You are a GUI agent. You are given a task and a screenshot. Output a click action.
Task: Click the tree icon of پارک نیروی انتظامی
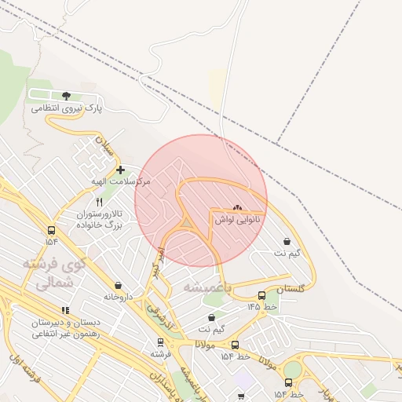pyautogui.click(x=65, y=96)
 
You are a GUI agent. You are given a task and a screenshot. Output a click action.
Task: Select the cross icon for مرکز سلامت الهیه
pyautogui.click(x=120, y=170)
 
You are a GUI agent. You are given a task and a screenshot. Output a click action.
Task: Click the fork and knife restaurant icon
pyautogui.click(x=99, y=202)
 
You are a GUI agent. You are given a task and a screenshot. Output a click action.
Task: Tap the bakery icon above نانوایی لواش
pyautogui.click(x=238, y=207)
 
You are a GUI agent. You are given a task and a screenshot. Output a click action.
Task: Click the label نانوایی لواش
pyautogui.click(x=238, y=220)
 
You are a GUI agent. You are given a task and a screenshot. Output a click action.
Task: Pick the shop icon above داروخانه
pyautogui.click(x=118, y=286)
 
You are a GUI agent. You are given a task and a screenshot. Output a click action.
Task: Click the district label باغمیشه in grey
pyautogui.click(x=209, y=287)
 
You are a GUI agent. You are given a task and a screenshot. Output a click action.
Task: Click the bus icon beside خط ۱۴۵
pyautogui.click(x=261, y=295)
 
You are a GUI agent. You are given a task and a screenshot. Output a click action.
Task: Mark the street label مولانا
pyautogui.click(x=206, y=344)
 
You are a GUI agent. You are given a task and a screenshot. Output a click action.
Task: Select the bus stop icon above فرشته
pyautogui.click(x=161, y=342)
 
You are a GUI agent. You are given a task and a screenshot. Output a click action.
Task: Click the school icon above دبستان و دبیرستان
pyautogui.click(x=65, y=311)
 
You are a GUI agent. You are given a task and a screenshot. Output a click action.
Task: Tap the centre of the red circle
pyautogui.click(x=201, y=201)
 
